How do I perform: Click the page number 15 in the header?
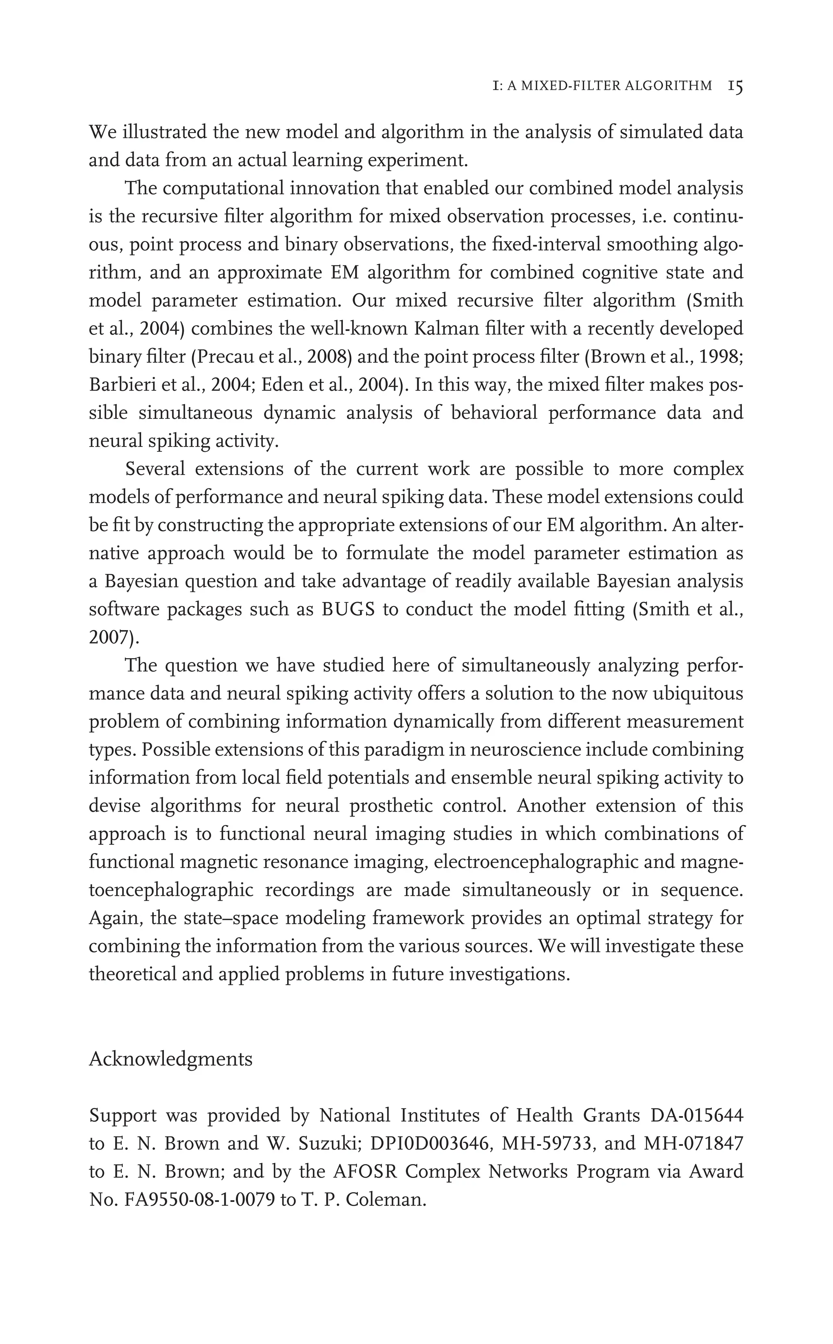click(x=735, y=87)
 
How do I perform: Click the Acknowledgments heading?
click(x=171, y=1059)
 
